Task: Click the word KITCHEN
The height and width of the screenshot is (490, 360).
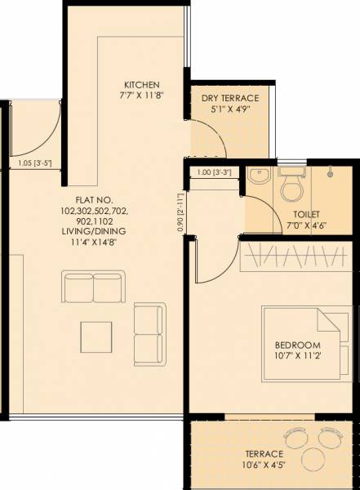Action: point(141,85)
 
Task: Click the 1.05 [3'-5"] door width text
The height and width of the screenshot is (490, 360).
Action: point(35,163)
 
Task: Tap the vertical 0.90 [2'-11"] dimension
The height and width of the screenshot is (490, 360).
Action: point(180,212)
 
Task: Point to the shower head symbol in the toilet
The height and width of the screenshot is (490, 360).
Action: point(331,172)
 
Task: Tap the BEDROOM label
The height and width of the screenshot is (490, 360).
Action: point(297,344)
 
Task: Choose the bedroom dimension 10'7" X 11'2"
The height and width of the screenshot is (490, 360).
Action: point(297,355)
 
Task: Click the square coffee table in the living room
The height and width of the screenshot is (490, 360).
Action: point(96,335)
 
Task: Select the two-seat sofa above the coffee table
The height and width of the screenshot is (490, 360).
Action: point(93,287)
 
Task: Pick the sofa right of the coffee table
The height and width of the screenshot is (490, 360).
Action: point(149,327)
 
